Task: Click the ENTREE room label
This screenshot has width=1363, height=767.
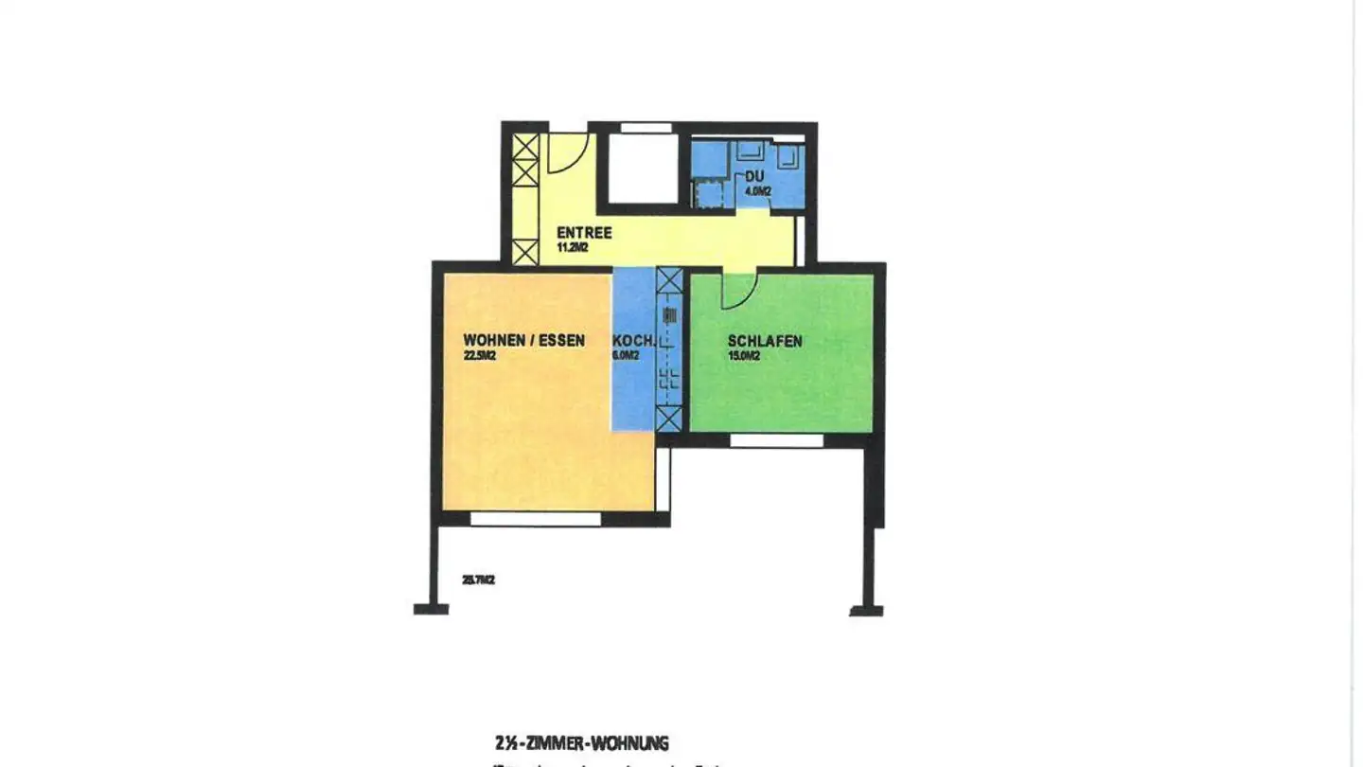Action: pyautogui.click(x=584, y=233)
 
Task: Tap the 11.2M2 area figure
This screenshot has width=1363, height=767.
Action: pyautogui.click(x=574, y=248)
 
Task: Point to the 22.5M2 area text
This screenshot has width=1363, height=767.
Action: pyautogui.click(x=481, y=356)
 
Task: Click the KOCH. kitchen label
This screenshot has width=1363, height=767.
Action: pyautogui.click(x=631, y=341)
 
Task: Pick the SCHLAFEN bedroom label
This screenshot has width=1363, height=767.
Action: pyautogui.click(x=765, y=341)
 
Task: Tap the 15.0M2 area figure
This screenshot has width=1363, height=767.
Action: pyautogui.click(x=744, y=356)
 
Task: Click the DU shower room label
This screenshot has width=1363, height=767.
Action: pyautogui.click(x=754, y=177)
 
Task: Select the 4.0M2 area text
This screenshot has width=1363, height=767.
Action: pyautogui.click(x=758, y=191)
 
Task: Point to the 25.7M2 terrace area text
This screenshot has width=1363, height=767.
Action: pyautogui.click(x=479, y=580)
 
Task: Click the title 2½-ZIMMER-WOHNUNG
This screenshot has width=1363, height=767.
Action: pyautogui.click(x=581, y=744)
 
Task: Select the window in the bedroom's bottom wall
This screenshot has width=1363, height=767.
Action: pyautogui.click(x=776, y=440)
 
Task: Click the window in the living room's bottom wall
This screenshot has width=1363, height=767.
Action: pyautogui.click(x=536, y=519)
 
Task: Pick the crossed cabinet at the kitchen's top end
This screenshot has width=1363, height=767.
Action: pyautogui.click(x=669, y=280)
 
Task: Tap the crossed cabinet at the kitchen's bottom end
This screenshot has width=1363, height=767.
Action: pyautogui.click(x=669, y=418)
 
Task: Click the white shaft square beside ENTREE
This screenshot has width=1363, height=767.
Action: pyautogui.click(x=643, y=168)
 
